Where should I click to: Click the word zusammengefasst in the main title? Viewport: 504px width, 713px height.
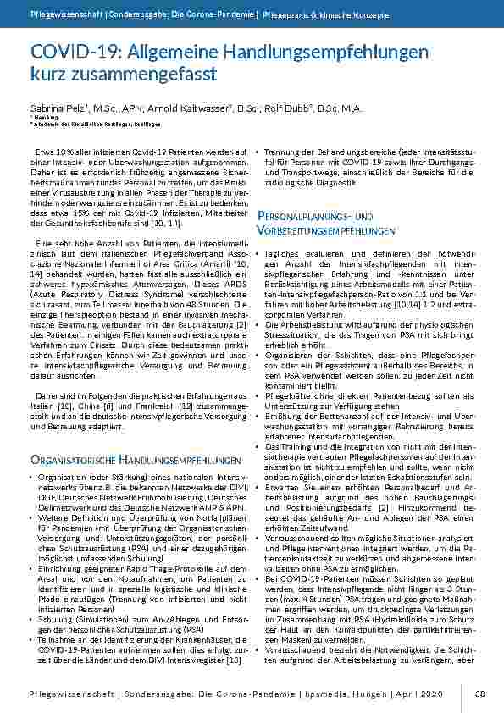[x=146, y=74]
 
